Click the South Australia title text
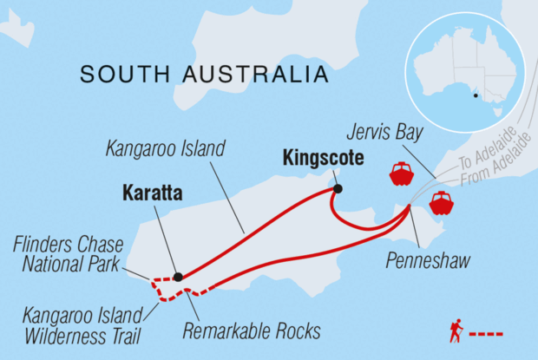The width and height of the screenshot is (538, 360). pos(204,75)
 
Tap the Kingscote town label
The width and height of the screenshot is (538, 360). pos(322,159)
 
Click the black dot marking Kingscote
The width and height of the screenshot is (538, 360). pos(338,188)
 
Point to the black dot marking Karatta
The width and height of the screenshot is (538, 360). pos(178,278)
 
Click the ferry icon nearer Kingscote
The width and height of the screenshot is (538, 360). pos(401,173)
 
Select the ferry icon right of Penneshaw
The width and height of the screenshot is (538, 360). pos(442,203)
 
